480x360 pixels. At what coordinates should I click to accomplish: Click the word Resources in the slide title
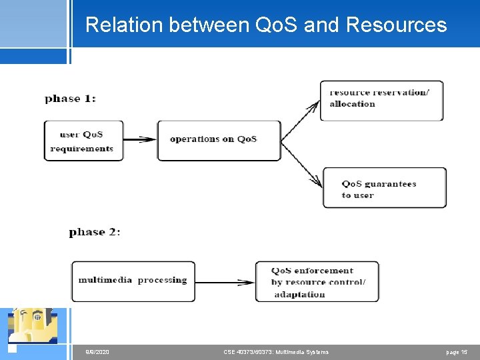pyautogui.click(x=397, y=25)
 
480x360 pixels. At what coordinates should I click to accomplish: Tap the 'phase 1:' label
pyautogui.click(x=70, y=99)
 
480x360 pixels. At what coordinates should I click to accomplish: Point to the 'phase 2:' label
pyautogui.click(x=94, y=232)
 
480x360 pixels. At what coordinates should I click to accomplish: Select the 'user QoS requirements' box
pyautogui.click(x=83, y=141)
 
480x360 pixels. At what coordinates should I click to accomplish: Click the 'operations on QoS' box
pyautogui.click(x=219, y=140)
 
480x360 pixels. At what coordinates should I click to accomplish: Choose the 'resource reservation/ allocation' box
pyautogui.click(x=381, y=101)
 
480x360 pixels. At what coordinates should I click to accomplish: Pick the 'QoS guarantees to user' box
pyautogui.click(x=385, y=188)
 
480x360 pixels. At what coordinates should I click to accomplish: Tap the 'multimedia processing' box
pyautogui.click(x=133, y=281)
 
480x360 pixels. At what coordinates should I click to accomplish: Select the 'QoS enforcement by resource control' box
pyautogui.click(x=317, y=282)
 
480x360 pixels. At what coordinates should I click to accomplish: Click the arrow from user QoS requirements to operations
pyautogui.click(x=140, y=140)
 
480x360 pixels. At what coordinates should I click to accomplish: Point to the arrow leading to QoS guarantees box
pyautogui.click(x=302, y=163)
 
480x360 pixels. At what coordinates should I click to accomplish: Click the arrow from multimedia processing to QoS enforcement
pyautogui.click(x=225, y=282)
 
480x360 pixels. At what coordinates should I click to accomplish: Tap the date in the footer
pyautogui.click(x=98, y=352)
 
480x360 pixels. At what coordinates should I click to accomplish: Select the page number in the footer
pyautogui.click(x=457, y=352)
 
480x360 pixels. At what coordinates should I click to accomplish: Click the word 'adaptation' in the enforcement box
pyautogui.click(x=299, y=294)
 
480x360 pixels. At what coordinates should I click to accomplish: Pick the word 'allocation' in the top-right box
pyautogui.click(x=352, y=105)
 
